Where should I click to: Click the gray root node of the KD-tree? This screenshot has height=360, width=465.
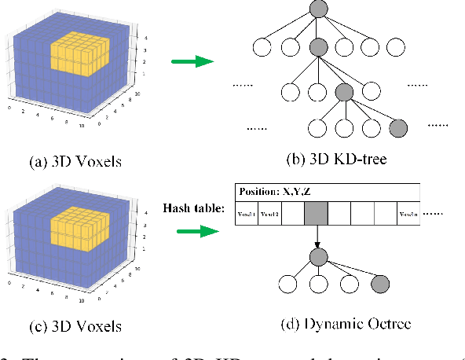point(318,9)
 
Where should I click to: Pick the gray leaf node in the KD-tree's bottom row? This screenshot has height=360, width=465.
point(398,127)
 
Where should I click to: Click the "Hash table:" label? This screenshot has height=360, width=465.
point(193,208)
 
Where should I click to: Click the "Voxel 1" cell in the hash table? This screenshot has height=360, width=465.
point(247,214)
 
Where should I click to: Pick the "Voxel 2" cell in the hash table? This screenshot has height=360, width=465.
point(270,214)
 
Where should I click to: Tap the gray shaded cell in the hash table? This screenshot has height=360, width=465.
point(317,214)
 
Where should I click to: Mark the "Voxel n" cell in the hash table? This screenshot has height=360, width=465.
point(410,214)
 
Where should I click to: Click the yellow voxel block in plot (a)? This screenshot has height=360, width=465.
point(79,55)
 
